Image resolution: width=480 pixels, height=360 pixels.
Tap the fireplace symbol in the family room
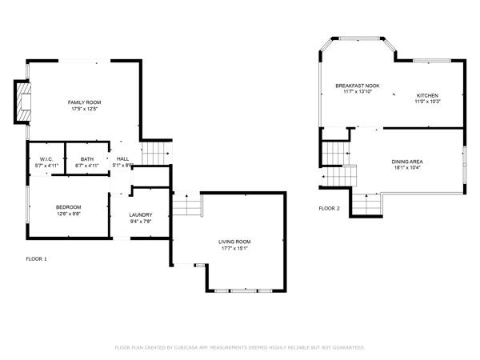(24, 102)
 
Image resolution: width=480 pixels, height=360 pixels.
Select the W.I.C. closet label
(46, 159)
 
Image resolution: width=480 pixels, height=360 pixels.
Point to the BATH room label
(86, 159)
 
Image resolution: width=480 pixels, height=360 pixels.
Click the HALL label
(122, 159)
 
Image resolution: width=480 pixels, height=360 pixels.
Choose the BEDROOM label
(68, 207)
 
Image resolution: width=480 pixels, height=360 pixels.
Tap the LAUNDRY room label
(141, 214)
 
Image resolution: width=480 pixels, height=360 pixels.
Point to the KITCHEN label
(428, 95)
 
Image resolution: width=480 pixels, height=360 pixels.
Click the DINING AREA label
(407, 162)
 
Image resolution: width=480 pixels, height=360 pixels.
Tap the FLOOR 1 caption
(37, 259)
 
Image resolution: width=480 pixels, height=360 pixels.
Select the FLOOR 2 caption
(329, 208)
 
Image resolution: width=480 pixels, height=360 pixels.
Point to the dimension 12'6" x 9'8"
(68, 214)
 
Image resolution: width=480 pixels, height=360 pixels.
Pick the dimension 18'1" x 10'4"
(407, 168)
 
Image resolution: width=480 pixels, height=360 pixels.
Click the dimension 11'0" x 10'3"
(428, 102)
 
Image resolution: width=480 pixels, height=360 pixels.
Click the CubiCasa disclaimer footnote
(240, 348)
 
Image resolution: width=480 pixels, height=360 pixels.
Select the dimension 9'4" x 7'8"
(141, 222)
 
